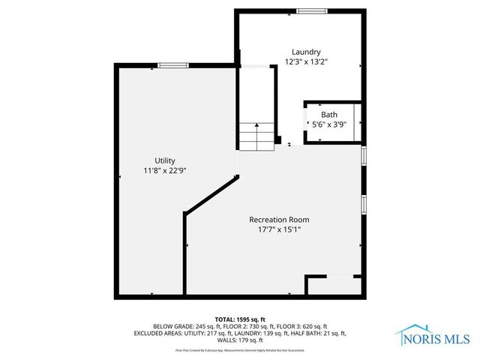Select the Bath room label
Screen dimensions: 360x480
(329, 115)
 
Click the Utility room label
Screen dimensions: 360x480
(165, 160)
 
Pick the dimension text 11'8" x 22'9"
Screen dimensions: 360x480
(165, 171)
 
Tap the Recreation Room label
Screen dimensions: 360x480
(279, 220)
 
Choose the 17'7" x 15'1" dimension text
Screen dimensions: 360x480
(279, 230)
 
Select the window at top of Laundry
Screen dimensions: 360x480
(311, 10)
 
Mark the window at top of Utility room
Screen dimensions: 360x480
(172, 66)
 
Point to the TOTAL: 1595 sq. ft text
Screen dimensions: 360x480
(239, 318)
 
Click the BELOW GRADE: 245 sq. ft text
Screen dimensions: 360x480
(184, 326)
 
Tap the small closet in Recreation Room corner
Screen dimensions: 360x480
(334, 286)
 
